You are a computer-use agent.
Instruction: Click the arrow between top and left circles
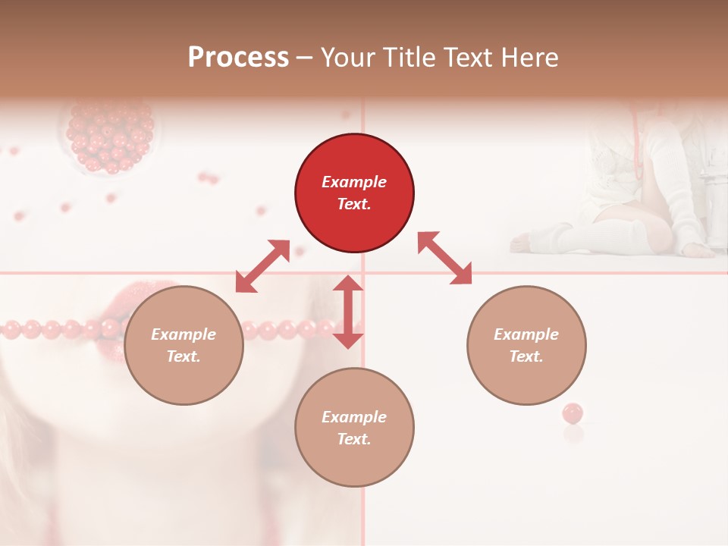click(x=262, y=266)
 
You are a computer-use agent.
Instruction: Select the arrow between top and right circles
click(x=444, y=258)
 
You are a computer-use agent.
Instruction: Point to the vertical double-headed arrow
click(x=348, y=312)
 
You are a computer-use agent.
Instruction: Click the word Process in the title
click(x=238, y=58)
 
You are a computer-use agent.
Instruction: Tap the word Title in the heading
click(x=409, y=58)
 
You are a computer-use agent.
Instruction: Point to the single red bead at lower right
click(x=573, y=413)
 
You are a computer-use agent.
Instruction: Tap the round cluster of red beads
click(x=111, y=136)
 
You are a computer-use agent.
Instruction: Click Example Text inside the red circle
click(x=354, y=193)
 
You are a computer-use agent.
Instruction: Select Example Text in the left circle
click(x=184, y=345)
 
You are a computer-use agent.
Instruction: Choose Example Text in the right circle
click(x=526, y=345)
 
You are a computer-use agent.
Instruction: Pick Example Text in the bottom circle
click(x=354, y=428)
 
